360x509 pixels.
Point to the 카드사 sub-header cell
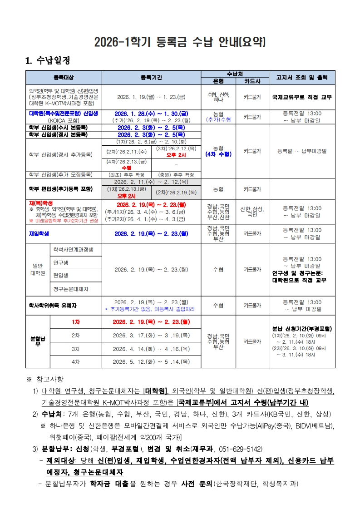click(x=252, y=81)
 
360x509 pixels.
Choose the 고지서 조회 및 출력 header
click(x=302, y=77)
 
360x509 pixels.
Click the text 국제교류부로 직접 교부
click(x=302, y=97)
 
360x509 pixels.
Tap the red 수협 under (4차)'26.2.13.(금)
click(x=127, y=168)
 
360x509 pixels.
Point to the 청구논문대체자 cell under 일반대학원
click(x=70, y=288)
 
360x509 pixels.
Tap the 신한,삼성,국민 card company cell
click(x=252, y=212)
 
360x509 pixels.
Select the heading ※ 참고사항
click(x=45, y=379)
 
